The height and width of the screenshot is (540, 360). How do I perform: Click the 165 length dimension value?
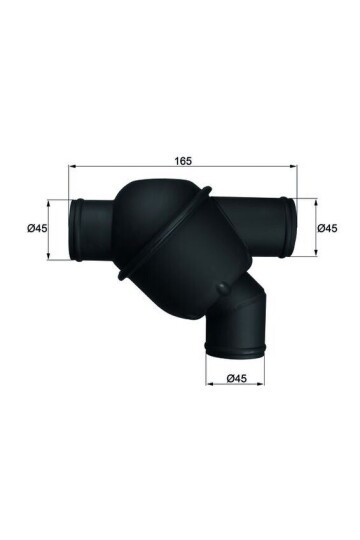(181, 160)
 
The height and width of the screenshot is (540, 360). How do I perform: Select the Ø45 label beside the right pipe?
(326, 229)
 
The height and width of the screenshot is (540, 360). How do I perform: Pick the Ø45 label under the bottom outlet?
(237, 378)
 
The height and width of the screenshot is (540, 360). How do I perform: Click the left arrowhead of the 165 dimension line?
(71, 169)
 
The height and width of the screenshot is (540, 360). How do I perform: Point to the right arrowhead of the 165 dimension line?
(295, 169)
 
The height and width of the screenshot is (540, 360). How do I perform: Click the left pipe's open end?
(75, 229)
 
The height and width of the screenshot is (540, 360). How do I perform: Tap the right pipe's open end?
(290, 229)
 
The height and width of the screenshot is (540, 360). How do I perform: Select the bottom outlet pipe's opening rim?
(236, 350)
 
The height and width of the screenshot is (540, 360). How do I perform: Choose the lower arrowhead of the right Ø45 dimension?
(311, 257)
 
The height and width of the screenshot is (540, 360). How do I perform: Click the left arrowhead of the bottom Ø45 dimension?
(208, 387)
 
